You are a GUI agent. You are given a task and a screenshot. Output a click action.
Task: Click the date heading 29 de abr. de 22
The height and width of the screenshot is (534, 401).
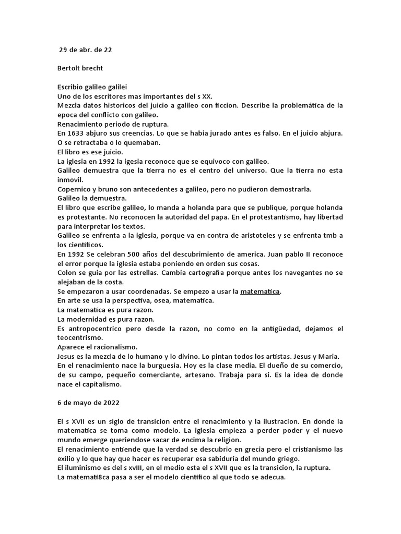(x=85, y=50)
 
